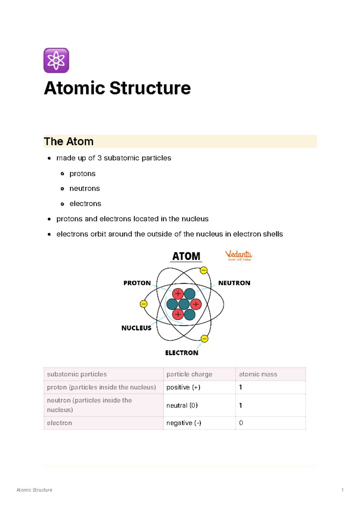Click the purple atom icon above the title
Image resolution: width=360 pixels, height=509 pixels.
pyautogui.click(x=56, y=60)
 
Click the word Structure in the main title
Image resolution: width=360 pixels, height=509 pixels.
pyautogui.click(x=150, y=88)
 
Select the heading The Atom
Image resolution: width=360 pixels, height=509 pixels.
pyautogui.click(x=69, y=141)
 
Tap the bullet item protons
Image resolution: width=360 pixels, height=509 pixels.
pyautogui.click(x=82, y=174)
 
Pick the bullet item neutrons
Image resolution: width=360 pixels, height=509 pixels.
pyautogui.click(x=85, y=188)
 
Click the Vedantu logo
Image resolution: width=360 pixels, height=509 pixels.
pyautogui.click(x=238, y=256)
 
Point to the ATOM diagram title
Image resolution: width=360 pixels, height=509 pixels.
pyautogui.click(x=186, y=256)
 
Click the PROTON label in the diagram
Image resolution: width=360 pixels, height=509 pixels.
pyautogui.click(x=137, y=283)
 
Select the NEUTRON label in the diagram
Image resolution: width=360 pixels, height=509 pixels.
pyautogui.click(x=234, y=283)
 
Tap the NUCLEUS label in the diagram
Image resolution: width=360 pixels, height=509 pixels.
pyautogui.click(x=136, y=328)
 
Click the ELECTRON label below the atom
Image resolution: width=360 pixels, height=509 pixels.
pyautogui.click(x=181, y=353)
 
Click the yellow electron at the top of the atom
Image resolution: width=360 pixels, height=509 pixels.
pyautogui.click(x=204, y=270)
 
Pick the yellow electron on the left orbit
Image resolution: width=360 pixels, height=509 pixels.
pyautogui.click(x=144, y=304)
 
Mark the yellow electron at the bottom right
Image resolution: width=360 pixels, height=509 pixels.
pyautogui.click(x=204, y=339)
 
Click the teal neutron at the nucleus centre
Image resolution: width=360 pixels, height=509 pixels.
pyautogui.click(x=184, y=304)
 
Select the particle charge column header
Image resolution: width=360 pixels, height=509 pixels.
pyautogui.click(x=189, y=374)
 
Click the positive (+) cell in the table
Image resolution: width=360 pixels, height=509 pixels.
pyautogui.click(x=183, y=387)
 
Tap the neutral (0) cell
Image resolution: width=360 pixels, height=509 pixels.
pyautogui.click(x=182, y=405)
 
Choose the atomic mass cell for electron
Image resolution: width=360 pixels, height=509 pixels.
pyautogui.click(x=241, y=423)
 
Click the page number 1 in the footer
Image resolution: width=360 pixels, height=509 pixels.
pyautogui.click(x=342, y=490)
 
